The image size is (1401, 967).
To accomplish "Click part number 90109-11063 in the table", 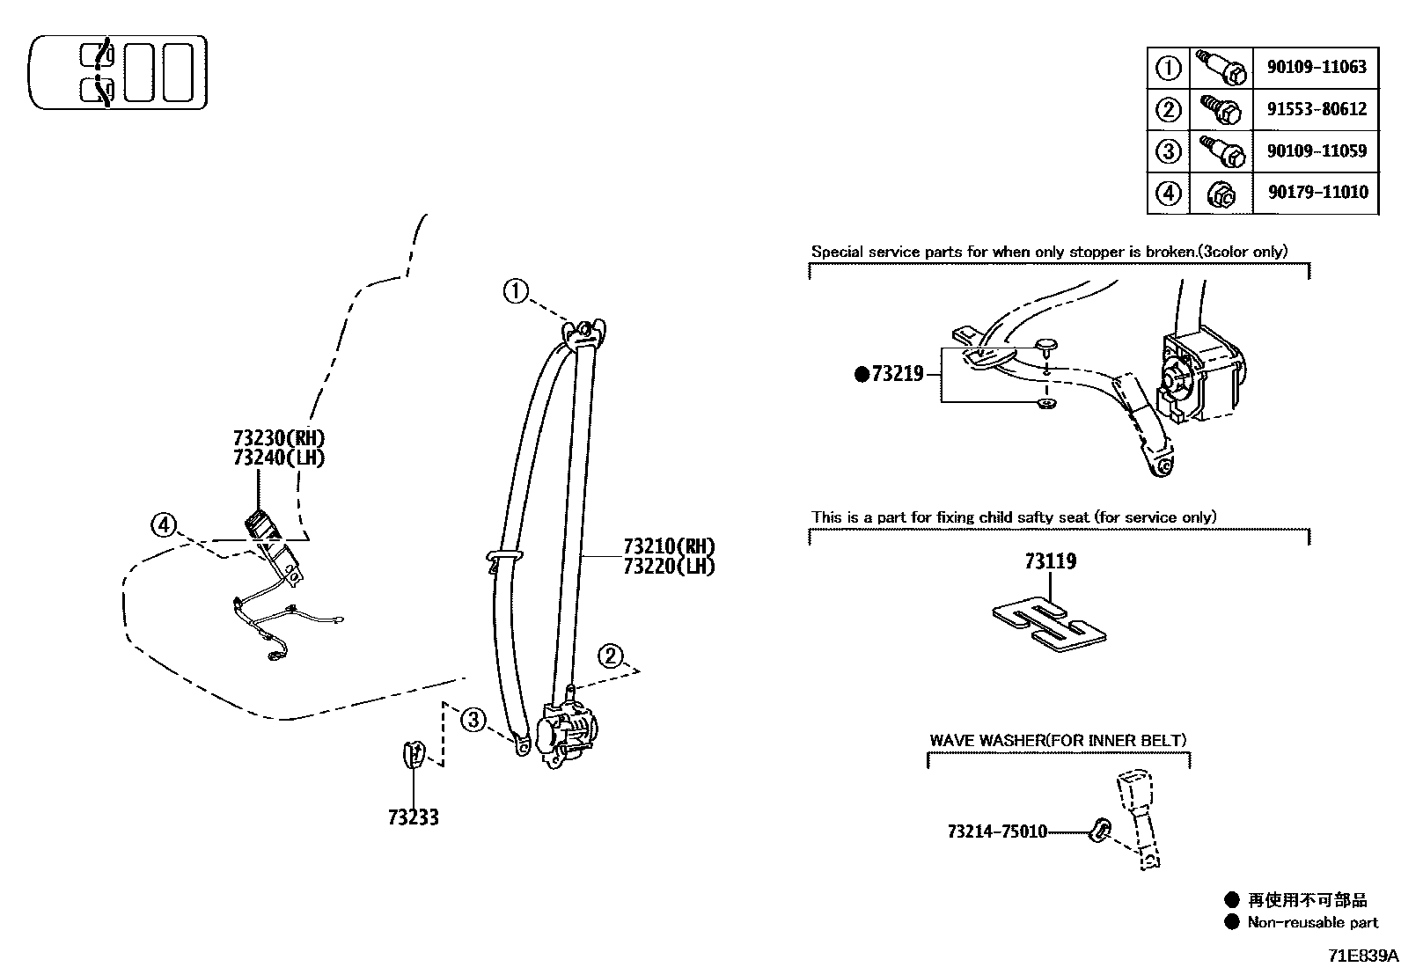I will pos(1317,67).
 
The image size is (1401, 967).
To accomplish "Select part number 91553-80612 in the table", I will pos(1317,109).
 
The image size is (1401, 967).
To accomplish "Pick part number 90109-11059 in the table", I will pos(1317,151).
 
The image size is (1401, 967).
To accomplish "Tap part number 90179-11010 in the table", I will pos(1317,193).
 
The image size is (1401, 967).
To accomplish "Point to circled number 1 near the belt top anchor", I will pos(517,291).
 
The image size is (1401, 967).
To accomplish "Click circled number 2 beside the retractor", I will pos(611,656).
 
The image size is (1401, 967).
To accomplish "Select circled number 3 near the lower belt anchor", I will pos(473,721).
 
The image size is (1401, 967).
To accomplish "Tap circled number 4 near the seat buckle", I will pos(164,525).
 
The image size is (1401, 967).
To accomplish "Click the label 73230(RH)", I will pos(279,438).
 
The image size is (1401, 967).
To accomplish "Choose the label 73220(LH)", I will pos(669,566).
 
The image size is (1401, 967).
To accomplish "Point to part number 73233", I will pos(413,817).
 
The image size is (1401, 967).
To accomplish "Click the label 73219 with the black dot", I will pos(896,375).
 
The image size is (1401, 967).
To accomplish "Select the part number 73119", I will pos(1050,561).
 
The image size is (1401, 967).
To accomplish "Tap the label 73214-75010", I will pos(997,831).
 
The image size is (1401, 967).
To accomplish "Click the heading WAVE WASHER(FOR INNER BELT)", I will pos(1058,740).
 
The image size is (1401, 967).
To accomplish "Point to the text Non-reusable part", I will pos(1312,922).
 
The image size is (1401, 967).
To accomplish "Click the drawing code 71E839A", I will pos(1363,955).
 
